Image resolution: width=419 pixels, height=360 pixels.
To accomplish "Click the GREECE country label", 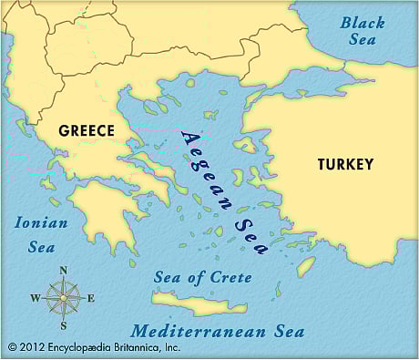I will (87, 130).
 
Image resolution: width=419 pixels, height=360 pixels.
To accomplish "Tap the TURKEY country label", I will (345, 165).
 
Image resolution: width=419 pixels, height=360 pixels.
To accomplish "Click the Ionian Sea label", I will (36, 234).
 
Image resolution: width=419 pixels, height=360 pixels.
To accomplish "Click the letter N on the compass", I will (64, 271).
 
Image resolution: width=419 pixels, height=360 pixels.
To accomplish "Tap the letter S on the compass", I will (64, 325).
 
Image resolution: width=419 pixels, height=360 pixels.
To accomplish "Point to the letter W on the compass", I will (35, 298).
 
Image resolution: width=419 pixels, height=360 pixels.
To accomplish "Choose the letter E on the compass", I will (91, 298).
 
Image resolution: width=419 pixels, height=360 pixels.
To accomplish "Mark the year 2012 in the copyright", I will (32, 347).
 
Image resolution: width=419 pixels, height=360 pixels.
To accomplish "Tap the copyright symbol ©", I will (12, 347).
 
